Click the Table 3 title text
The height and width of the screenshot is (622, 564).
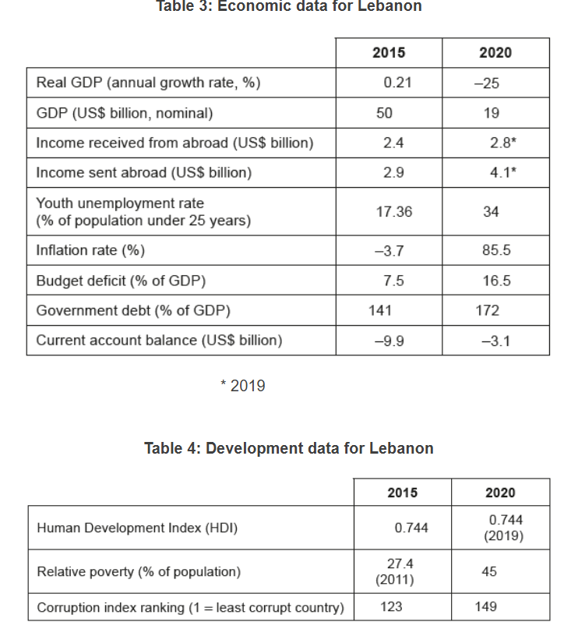click(x=289, y=6)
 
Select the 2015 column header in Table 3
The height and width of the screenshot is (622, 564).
click(x=388, y=52)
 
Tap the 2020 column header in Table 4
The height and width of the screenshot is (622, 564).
click(x=499, y=493)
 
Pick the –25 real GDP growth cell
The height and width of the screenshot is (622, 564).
click(x=492, y=83)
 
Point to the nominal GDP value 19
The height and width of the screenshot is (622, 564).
click(x=491, y=113)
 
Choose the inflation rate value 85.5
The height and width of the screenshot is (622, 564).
click(x=496, y=251)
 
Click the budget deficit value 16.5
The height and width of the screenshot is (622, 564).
click(x=496, y=281)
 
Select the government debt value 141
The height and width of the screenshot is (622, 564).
click(x=380, y=310)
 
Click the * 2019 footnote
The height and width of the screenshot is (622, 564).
click(x=243, y=386)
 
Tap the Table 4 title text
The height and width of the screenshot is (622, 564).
click(x=288, y=448)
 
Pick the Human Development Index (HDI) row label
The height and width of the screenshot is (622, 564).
click(x=137, y=528)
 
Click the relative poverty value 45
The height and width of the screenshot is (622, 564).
click(x=489, y=571)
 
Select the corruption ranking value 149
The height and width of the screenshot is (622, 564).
click(x=485, y=606)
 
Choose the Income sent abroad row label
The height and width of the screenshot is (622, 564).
click(x=144, y=172)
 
